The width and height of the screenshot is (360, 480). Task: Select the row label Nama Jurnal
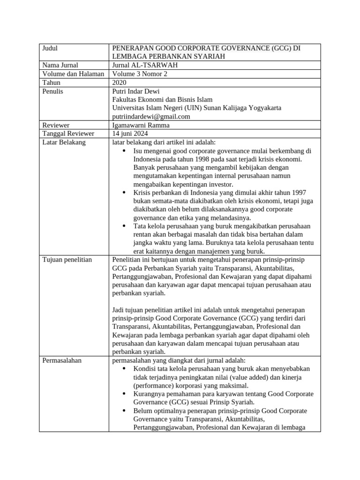pyautogui.click(x=60, y=65)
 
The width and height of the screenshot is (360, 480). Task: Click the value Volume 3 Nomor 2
pyautogui.click(x=140, y=74)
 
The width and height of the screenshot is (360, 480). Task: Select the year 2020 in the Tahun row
pyautogui.click(x=120, y=82)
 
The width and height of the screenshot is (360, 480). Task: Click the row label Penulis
pyautogui.click(x=53, y=91)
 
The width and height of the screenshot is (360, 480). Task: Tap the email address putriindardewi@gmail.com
pyautogui.click(x=151, y=116)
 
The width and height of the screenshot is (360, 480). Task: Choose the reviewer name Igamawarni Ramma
pyautogui.click(x=141, y=125)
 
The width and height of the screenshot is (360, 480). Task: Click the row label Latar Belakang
pyautogui.click(x=64, y=142)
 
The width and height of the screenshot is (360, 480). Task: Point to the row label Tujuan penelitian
pyautogui.click(x=67, y=259)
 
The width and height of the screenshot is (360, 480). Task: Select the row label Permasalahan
pyautogui.click(x=62, y=360)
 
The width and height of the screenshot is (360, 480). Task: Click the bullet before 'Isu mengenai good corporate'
pyautogui.click(x=124, y=151)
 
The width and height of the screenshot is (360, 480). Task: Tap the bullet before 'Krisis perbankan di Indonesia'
pyautogui.click(x=124, y=193)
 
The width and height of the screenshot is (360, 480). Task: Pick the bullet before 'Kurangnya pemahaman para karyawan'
pyautogui.click(x=124, y=394)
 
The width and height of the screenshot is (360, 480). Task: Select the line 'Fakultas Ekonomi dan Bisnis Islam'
pyautogui.click(x=162, y=99)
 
